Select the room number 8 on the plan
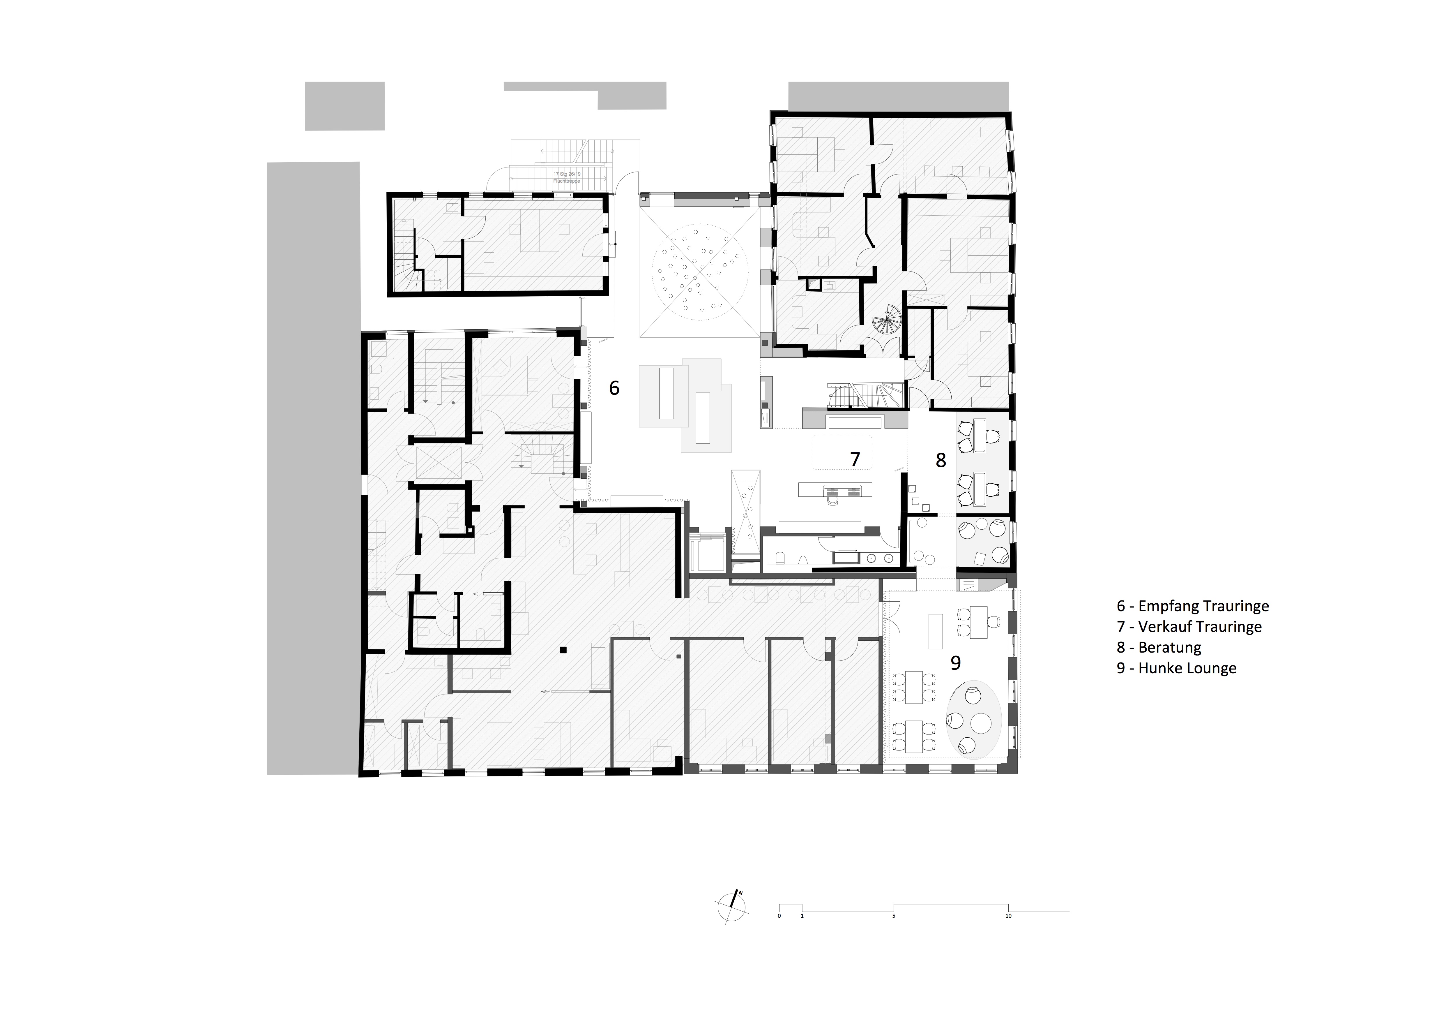(940, 461)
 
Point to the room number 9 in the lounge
(955, 663)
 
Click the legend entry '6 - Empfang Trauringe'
(1192, 606)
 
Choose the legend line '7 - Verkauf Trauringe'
(1189, 627)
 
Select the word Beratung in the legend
(1169, 648)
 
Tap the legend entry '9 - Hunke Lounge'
(1176, 669)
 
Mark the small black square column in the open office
(564, 650)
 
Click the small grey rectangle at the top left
(344, 106)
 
